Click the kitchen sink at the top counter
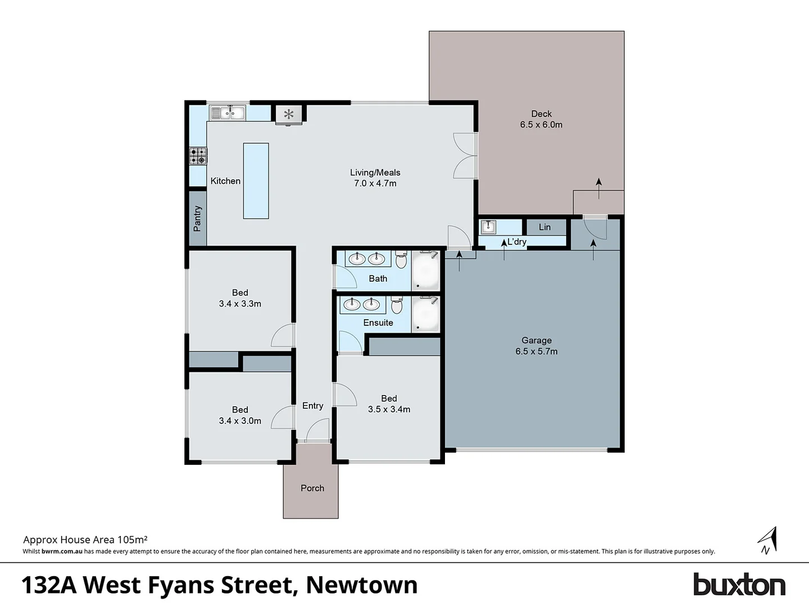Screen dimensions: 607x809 pyautogui.click(x=228, y=113)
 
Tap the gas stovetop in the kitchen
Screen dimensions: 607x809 pyautogui.click(x=198, y=156)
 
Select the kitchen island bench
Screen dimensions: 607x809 pyautogui.click(x=256, y=180)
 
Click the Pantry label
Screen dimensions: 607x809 pyautogui.click(x=197, y=218)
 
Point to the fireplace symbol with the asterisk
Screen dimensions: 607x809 pyautogui.click(x=289, y=115)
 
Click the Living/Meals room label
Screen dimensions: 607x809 pyautogui.click(x=375, y=173)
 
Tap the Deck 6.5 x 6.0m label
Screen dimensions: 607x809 pyautogui.click(x=541, y=119)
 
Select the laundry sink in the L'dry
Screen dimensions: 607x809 pyautogui.click(x=488, y=227)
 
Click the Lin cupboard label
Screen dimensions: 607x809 pyautogui.click(x=545, y=227)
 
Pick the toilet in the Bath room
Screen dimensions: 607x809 pyautogui.click(x=401, y=260)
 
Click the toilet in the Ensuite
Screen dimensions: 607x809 pyautogui.click(x=397, y=305)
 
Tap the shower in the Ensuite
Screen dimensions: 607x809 pyautogui.click(x=425, y=314)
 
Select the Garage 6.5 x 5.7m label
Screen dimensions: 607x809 pyautogui.click(x=537, y=346)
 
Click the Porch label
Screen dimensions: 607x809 pyautogui.click(x=312, y=488)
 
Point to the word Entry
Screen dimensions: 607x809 pyautogui.click(x=313, y=406)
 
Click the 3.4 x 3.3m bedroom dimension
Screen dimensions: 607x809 pyautogui.click(x=240, y=303)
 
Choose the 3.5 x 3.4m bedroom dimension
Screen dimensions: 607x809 pyautogui.click(x=389, y=409)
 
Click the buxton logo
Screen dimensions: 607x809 pyautogui.click(x=739, y=585)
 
